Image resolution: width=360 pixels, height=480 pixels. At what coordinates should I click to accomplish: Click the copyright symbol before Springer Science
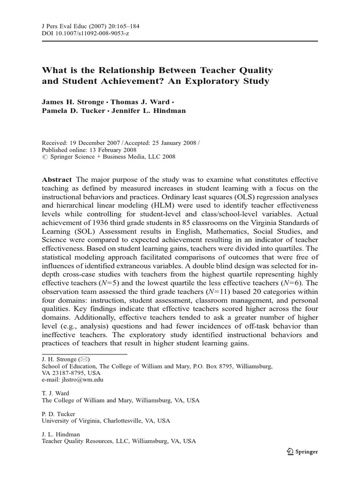pyautogui.click(x=45, y=157)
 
